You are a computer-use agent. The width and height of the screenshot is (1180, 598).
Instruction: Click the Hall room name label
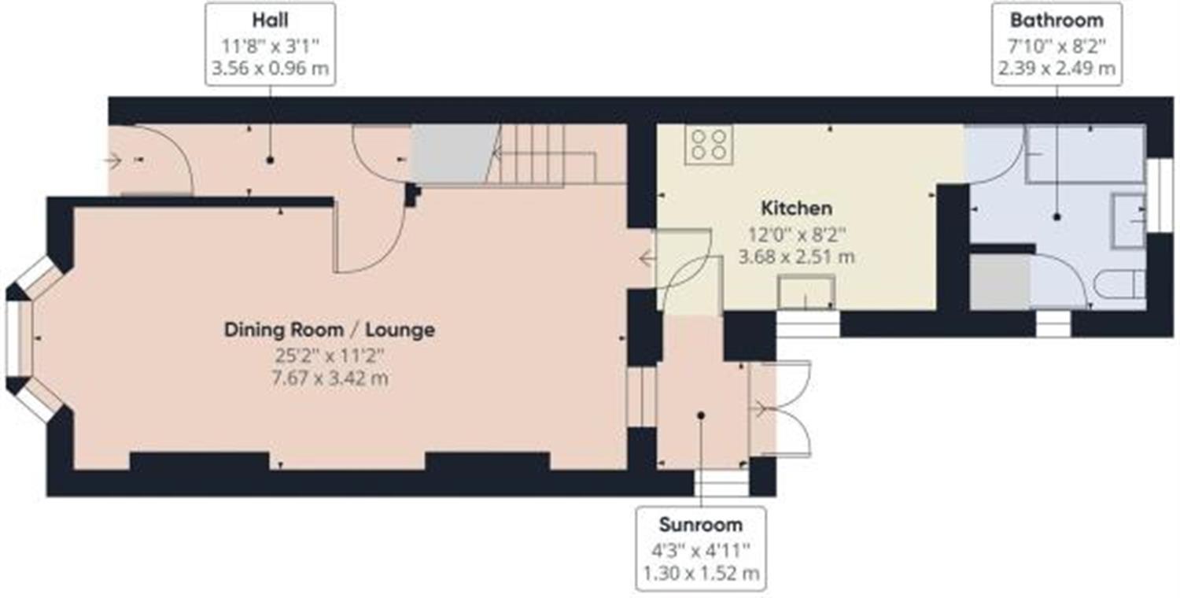pyautogui.click(x=271, y=20)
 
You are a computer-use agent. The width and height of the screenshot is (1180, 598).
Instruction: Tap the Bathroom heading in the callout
pyautogui.click(x=1056, y=20)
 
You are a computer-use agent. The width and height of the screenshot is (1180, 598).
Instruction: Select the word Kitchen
pyautogui.click(x=796, y=209)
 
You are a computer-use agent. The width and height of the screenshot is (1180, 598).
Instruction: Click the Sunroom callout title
pyautogui.click(x=701, y=525)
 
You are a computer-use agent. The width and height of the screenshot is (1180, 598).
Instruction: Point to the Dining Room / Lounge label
pyautogui.click(x=330, y=330)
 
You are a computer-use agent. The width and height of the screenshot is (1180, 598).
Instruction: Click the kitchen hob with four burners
pyautogui.click(x=709, y=144)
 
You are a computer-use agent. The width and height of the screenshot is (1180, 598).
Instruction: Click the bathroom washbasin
pyautogui.click(x=1128, y=220)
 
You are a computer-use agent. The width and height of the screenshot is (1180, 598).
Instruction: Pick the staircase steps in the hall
pyautogui.click(x=543, y=154)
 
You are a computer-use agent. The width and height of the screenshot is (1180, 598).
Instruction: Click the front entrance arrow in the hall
pyautogui.click(x=113, y=161)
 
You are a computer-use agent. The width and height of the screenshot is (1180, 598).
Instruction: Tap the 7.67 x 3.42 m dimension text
pyautogui.click(x=330, y=378)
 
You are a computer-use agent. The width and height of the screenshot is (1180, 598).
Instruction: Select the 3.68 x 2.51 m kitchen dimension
pyautogui.click(x=796, y=257)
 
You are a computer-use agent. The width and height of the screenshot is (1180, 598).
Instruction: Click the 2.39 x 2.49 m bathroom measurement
pyautogui.click(x=1056, y=68)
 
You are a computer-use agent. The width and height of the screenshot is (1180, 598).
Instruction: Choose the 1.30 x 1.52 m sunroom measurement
pyautogui.click(x=701, y=574)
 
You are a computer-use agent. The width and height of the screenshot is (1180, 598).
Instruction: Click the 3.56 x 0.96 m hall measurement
pyautogui.click(x=271, y=68)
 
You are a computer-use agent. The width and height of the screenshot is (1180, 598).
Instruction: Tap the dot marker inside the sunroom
pyautogui.click(x=701, y=415)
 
